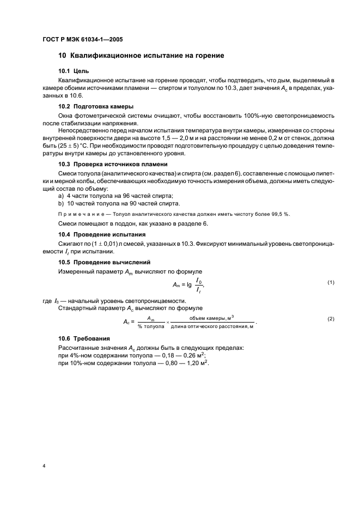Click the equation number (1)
[331, 282]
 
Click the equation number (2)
[331, 318]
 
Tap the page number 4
[43, 466]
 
